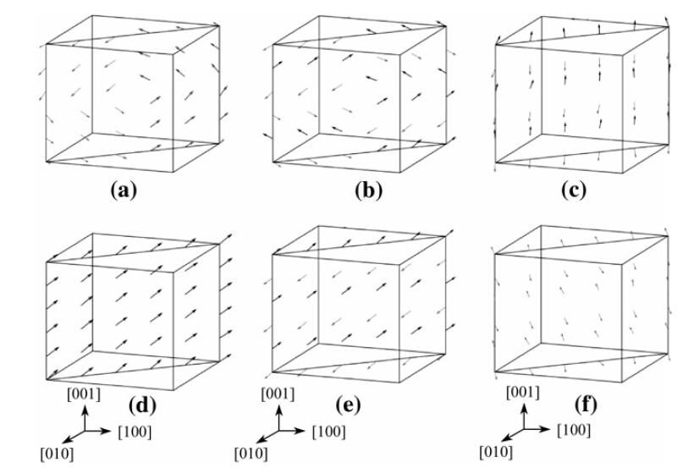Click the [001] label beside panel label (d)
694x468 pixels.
pos(84,394)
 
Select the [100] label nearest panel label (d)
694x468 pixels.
pos(135,432)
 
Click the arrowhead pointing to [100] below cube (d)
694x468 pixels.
pos(110,431)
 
